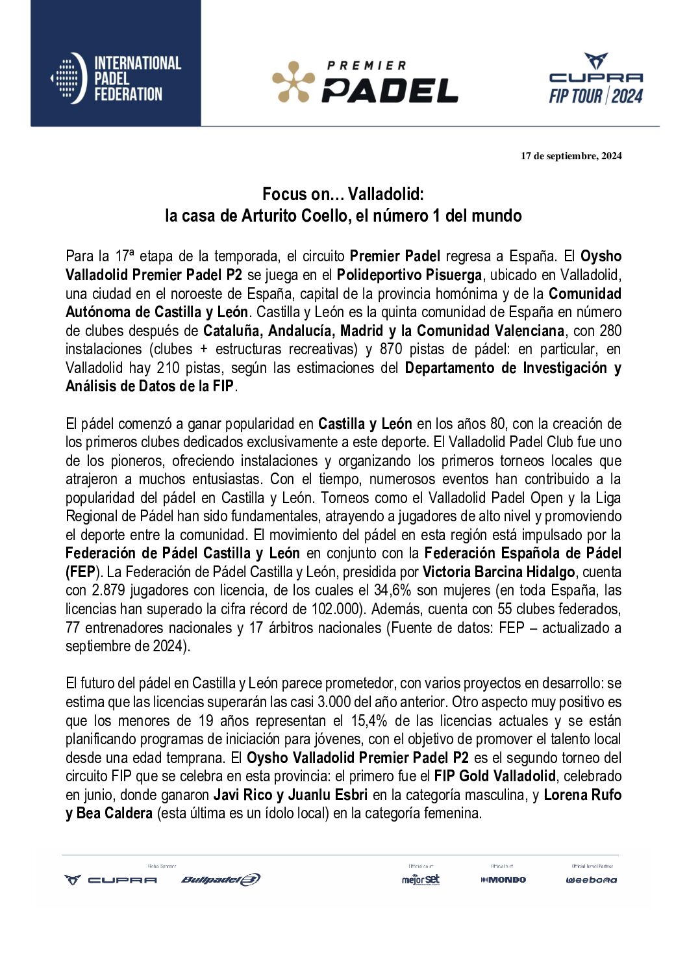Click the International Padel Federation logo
click(x=116, y=78)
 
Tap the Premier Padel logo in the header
click(x=365, y=83)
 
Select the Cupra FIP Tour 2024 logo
click(x=595, y=79)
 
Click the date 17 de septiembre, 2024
click(x=571, y=156)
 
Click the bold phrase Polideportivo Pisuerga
click(x=409, y=275)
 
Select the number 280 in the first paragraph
click(x=610, y=331)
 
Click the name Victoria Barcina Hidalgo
click(x=499, y=573)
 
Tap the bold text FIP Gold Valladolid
click(x=495, y=777)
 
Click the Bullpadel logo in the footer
click(x=221, y=880)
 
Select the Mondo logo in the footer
click(x=503, y=880)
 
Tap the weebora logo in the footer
click(x=591, y=880)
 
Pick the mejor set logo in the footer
click(x=421, y=880)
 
